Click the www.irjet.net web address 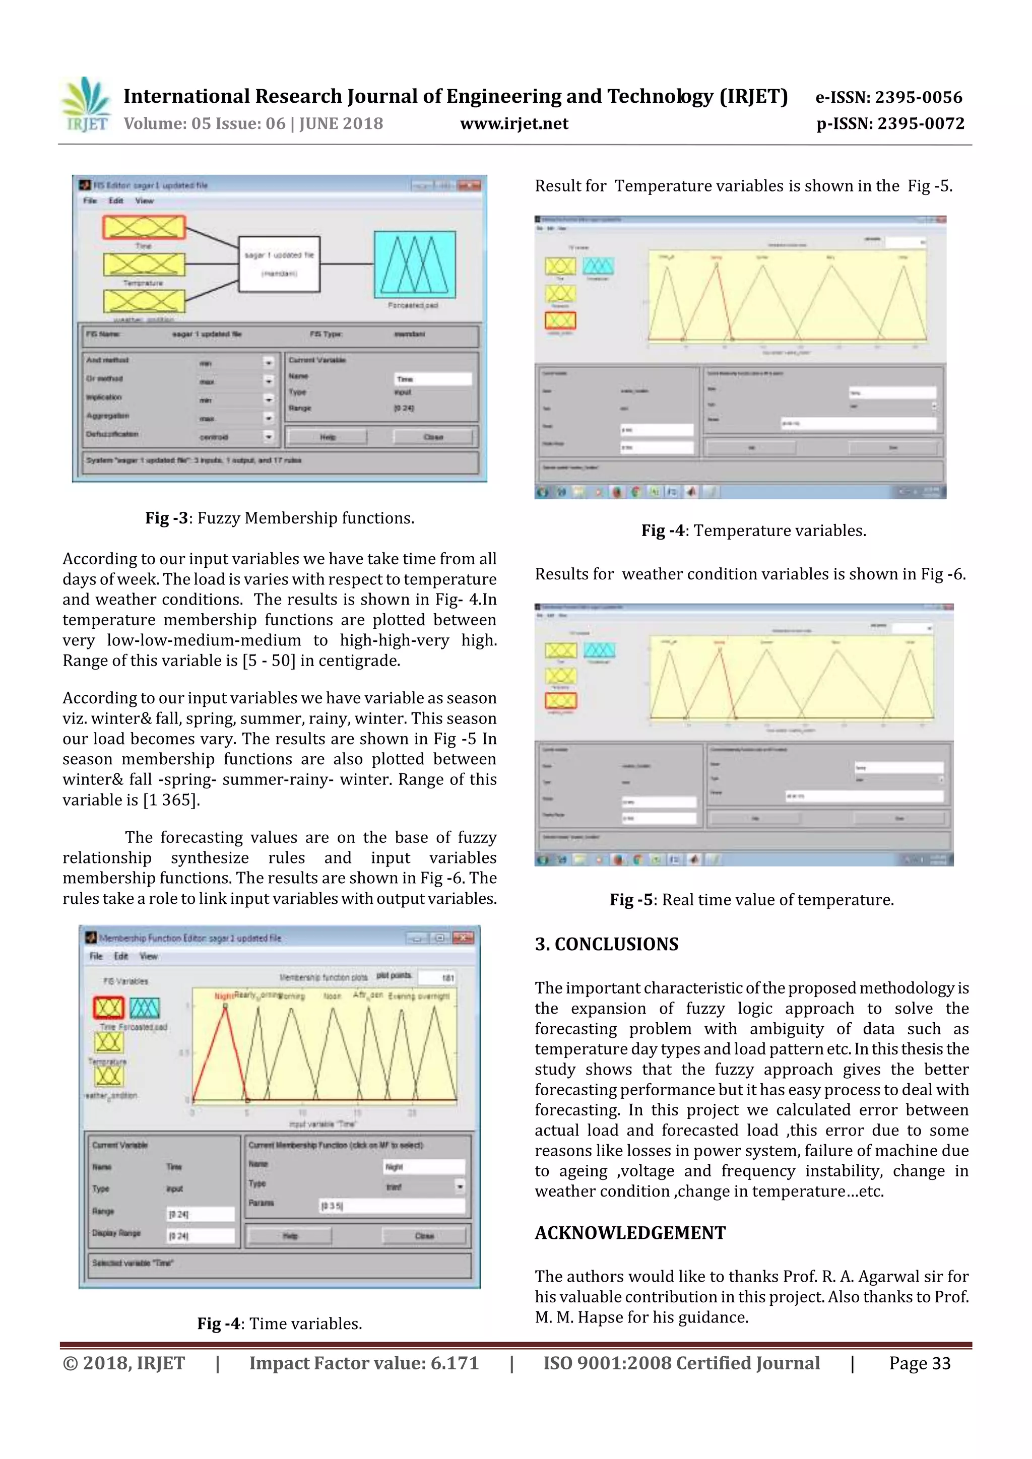[513, 124]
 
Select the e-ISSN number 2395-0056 [888, 97]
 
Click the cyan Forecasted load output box [414, 264]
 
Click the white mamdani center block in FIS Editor [279, 263]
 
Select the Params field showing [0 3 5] [392, 1206]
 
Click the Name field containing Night [424, 1167]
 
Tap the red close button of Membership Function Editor [463, 938]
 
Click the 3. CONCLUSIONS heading [606, 944]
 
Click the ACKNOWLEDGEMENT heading [630, 1233]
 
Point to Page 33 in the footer [919, 1363]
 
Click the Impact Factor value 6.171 [363, 1363]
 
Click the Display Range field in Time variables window [200, 1235]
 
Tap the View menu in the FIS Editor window [144, 201]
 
